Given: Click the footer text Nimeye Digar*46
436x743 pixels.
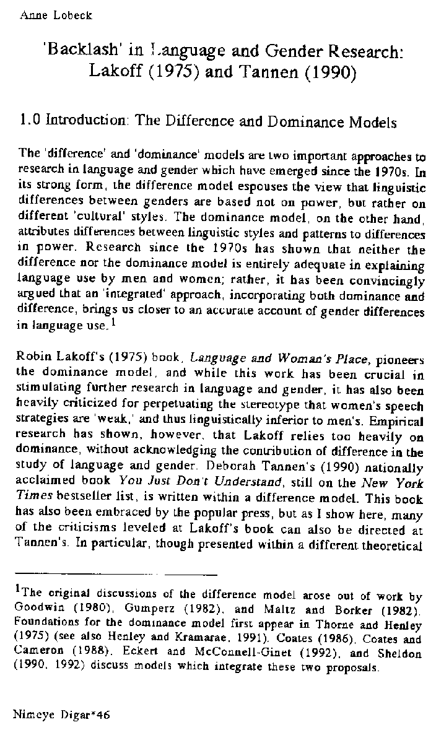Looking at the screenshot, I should point(61,714).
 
